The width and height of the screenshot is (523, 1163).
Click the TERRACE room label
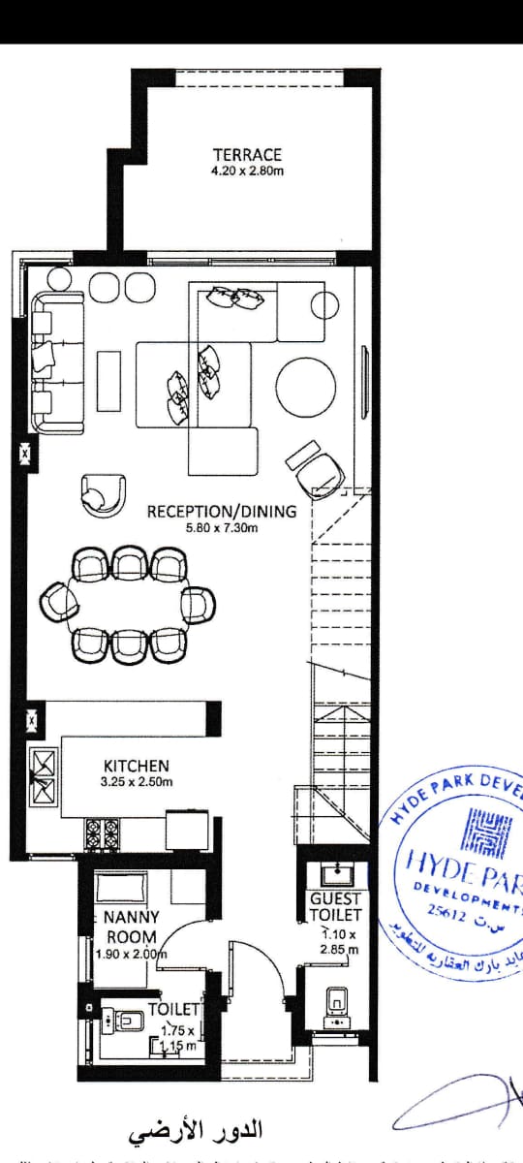(x=247, y=154)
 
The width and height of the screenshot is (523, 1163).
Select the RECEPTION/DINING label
(x=222, y=512)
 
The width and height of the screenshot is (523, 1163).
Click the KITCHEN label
(x=136, y=766)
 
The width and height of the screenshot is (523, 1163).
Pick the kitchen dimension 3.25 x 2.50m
(x=136, y=782)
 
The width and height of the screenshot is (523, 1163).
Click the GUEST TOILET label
(x=335, y=906)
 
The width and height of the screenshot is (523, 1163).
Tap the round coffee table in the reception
(x=305, y=386)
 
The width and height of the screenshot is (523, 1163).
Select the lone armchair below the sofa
(x=104, y=492)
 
